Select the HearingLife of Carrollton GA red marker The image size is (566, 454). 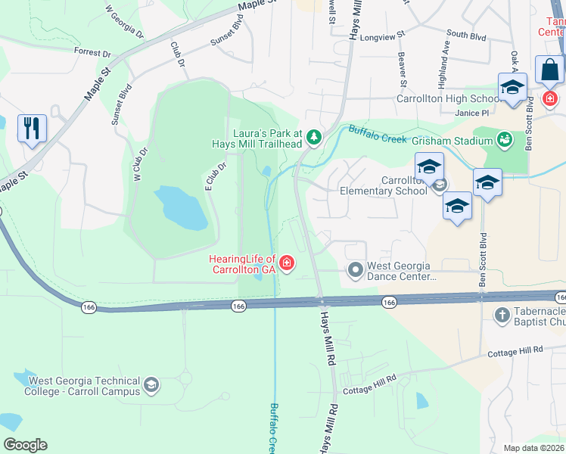coord(287,263)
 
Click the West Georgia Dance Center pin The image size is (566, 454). coord(354,269)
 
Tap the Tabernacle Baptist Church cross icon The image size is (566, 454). coord(500,313)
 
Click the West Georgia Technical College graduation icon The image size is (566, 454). coord(151,386)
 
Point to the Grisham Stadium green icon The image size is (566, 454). coord(504,139)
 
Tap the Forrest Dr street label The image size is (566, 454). coord(92,53)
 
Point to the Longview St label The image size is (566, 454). coord(383,36)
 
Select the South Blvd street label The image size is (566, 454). coord(466,34)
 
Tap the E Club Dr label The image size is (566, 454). coord(216,176)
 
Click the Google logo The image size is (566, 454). coord(25,445)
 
